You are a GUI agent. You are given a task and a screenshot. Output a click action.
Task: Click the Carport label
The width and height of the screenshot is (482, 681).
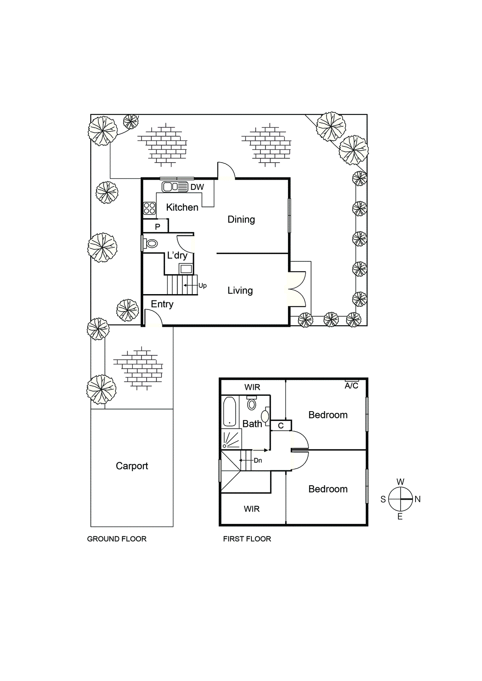tap(132, 466)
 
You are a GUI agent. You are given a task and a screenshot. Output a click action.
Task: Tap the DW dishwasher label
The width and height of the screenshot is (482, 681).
tap(197, 187)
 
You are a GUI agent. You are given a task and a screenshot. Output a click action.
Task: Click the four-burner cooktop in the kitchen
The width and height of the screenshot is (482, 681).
tap(149, 208)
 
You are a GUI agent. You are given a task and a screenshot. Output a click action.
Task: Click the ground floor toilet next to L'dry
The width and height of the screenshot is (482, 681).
tap(151, 243)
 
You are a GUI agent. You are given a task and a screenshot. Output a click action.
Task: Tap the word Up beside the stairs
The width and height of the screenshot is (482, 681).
tap(202, 286)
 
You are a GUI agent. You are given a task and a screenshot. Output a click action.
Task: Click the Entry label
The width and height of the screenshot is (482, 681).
tap(162, 304)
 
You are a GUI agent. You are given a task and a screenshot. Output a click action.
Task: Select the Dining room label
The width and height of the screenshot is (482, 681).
tap(241, 220)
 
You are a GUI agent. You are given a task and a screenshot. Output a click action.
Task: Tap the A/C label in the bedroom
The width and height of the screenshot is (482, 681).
tap(351, 386)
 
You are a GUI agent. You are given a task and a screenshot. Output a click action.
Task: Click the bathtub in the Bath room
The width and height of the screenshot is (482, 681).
tap(230, 412)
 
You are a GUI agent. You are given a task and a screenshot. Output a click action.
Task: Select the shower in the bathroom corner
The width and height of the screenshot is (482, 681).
tap(231, 439)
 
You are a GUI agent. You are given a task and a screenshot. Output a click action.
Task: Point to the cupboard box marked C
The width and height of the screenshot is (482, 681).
tap(281, 425)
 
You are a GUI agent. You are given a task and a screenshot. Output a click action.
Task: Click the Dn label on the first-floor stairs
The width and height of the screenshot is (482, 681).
tap(258, 461)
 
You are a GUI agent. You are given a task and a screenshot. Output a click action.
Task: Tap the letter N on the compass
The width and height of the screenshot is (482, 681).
tap(418, 499)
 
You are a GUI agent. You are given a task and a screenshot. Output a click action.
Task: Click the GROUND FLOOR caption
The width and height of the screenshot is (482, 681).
tap(117, 539)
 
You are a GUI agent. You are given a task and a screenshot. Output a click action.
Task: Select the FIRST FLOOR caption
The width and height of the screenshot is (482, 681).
tap(247, 539)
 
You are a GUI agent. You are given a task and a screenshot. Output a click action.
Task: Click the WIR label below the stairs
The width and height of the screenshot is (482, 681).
tap(251, 509)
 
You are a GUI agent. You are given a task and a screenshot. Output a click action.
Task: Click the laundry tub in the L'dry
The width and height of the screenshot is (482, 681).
tap(186, 269)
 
